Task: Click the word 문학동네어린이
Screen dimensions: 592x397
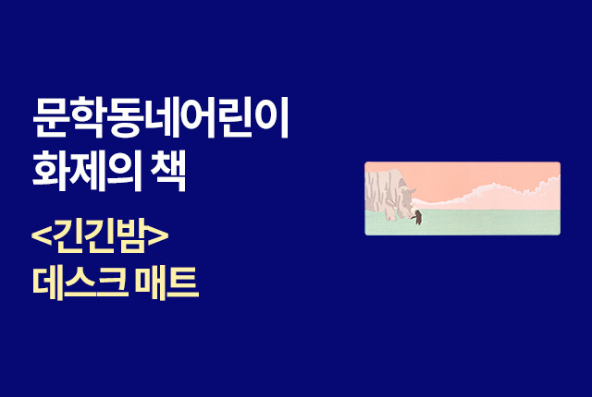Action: click(161, 117)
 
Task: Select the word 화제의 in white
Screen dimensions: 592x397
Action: click(87, 171)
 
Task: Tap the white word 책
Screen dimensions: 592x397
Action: click(168, 171)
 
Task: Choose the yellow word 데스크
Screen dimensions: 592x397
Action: click(80, 283)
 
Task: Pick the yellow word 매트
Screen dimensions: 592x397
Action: click(167, 283)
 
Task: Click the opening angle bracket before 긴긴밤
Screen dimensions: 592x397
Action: click(42, 236)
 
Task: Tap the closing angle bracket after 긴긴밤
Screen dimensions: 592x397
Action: click(158, 236)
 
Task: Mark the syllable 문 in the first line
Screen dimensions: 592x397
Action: click(50, 117)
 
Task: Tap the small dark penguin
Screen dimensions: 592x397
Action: click(417, 217)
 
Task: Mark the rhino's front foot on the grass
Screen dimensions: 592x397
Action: click(388, 216)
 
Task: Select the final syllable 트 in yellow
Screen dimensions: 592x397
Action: click(183, 283)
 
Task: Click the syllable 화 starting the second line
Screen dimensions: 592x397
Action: click(50, 171)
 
